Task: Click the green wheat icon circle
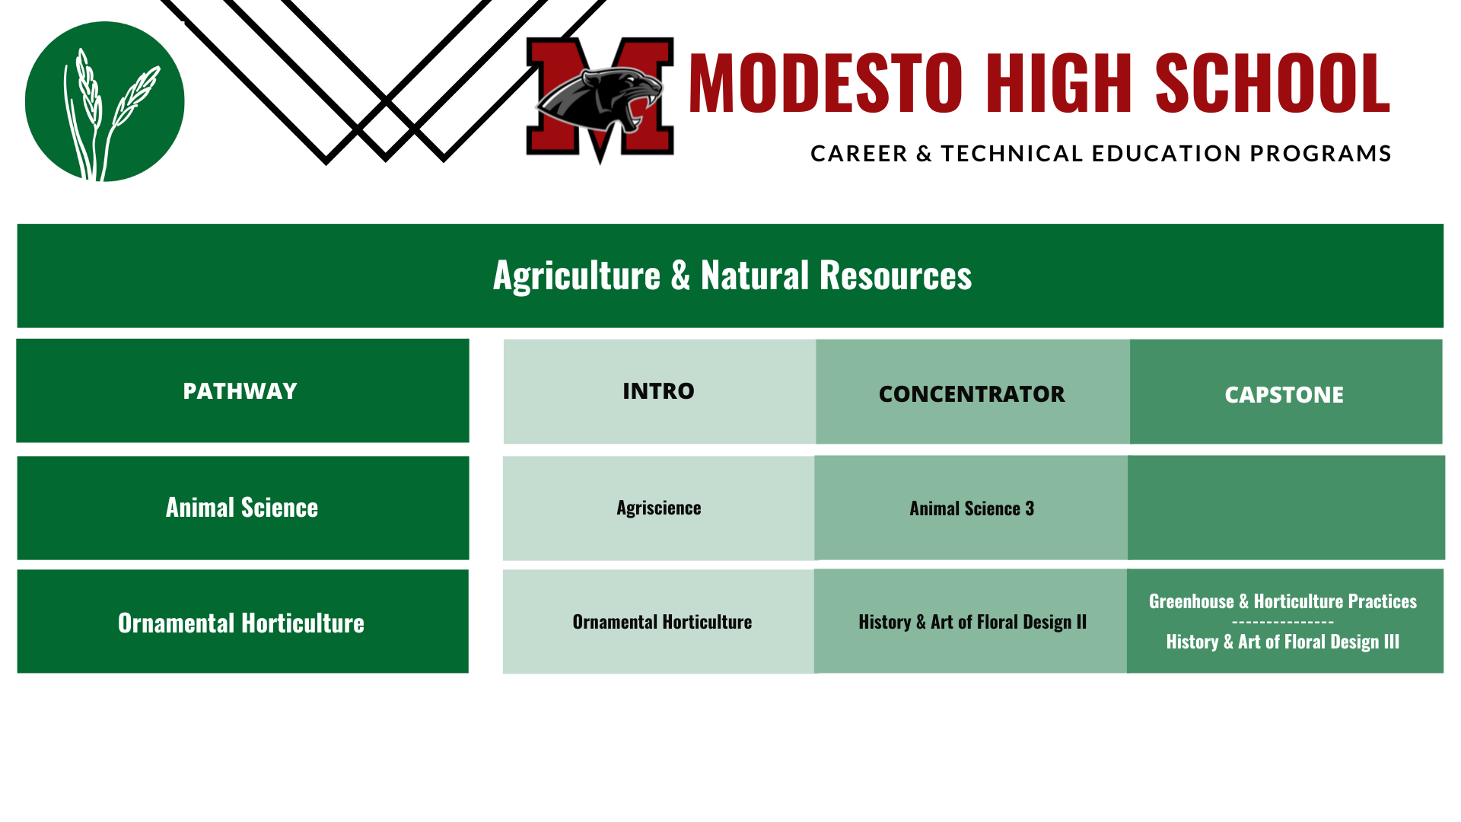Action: tap(105, 101)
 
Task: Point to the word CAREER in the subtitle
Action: tap(859, 154)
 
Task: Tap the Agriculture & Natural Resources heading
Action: tap(732, 276)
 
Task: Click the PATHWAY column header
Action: tap(240, 391)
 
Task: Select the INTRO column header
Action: tap(658, 391)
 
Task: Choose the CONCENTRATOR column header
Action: tap(972, 394)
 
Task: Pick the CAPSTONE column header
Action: tap(1284, 395)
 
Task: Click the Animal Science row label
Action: tap(242, 508)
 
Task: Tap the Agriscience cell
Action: tap(659, 508)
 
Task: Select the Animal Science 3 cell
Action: tap(972, 508)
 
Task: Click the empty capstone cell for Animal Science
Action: tap(1286, 508)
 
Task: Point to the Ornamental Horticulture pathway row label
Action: tap(241, 623)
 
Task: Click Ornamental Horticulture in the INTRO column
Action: tap(662, 622)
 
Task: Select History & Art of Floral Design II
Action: tap(972, 623)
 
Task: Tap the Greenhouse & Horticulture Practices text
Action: tap(1283, 601)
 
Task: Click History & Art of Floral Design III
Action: tap(1283, 642)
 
